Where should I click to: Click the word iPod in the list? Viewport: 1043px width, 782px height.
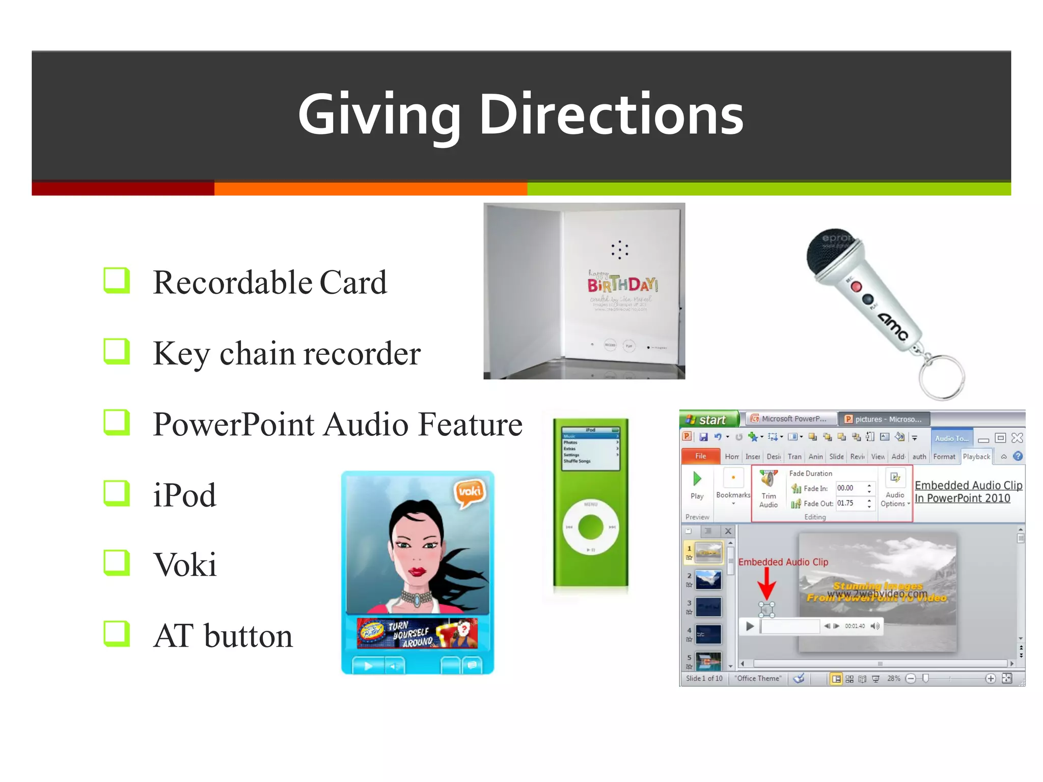[184, 495]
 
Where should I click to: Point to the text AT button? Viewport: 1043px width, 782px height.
[223, 636]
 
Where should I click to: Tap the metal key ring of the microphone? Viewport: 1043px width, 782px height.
[942, 377]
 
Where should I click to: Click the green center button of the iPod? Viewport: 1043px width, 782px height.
[591, 527]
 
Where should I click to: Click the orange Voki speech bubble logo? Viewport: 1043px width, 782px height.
[469, 492]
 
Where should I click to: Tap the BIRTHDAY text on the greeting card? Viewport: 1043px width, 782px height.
[622, 284]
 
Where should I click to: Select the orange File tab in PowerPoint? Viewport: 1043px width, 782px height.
[701, 456]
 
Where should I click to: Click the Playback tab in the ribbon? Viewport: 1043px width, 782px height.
[976, 457]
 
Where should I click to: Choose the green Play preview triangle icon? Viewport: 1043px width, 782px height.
[697, 479]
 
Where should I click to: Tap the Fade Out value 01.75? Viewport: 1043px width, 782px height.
[846, 504]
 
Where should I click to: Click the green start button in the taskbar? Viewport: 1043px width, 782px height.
[709, 420]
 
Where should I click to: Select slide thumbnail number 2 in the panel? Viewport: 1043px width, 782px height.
[708, 580]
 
